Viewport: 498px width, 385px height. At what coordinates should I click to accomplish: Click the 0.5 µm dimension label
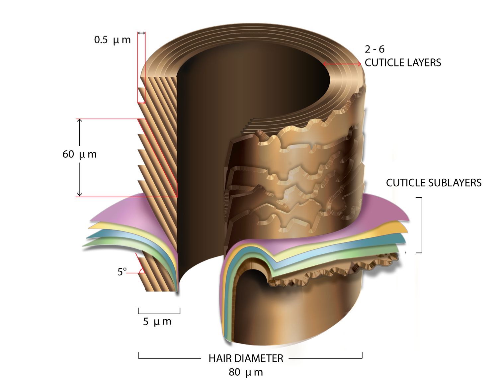pyautogui.click(x=112, y=40)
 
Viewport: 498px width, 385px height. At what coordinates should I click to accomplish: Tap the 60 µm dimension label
pyautogui.click(x=80, y=154)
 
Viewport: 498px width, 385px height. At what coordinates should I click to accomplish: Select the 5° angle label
pyautogui.click(x=122, y=272)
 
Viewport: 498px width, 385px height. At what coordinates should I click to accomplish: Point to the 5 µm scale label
pyautogui.click(x=157, y=322)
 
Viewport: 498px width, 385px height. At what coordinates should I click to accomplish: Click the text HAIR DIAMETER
pyautogui.click(x=246, y=358)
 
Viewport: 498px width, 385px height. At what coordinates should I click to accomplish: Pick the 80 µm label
pyautogui.click(x=246, y=372)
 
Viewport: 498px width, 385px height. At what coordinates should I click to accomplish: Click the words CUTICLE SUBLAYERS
pyautogui.click(x=434, y=183)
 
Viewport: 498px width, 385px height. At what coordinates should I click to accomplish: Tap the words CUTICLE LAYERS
pyautogui.click(x=403, y=62)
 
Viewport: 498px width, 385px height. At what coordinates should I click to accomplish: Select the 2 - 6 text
pyautogui.click(x=374, y=49)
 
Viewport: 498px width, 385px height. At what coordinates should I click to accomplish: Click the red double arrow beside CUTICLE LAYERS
pyautogui.click(x=342, y=64)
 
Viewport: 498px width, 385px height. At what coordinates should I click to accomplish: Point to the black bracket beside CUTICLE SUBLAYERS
pyautogui.click(x=421, y=225)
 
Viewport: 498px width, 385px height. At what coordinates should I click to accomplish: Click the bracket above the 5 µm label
pyautogui.click(x=159, y=312)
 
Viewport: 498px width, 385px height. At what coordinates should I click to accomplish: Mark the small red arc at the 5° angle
pyautogui.click(x=142, y=271)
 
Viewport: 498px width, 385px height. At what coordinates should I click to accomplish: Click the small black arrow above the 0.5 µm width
pyautogui.click(x=141, y=33)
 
